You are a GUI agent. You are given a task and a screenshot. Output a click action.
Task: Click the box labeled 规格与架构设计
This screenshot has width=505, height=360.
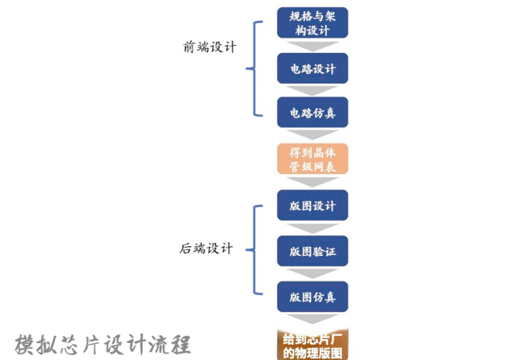[x=313, y=22]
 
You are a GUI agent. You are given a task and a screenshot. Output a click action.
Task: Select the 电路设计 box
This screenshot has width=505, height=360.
[x=313, y=68]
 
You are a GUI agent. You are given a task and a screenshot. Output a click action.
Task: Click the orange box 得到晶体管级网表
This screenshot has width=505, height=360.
[x=313, y=159]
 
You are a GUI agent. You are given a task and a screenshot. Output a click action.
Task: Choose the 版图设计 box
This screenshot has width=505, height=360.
[x=313, y=205]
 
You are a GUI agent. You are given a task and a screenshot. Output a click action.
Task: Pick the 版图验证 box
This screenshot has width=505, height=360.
[x=313, y=251]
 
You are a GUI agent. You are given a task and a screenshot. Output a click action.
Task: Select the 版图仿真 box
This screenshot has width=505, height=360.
[x=313, y=297]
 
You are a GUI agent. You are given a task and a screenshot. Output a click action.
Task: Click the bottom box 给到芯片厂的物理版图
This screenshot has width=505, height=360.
[x=313, y=343]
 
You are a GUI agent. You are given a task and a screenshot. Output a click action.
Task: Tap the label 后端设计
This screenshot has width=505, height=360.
[x=207, y=249]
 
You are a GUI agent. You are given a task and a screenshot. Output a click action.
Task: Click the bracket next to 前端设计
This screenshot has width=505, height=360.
[x=255, y=68]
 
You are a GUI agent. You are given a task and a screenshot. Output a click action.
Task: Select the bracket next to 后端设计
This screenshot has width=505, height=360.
[x=255, y=249]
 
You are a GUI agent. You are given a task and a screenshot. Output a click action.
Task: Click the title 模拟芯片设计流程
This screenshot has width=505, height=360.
[x=103, y=344]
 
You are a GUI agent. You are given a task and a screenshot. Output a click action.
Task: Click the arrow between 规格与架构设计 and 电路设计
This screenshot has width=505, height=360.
[x=313, y=45]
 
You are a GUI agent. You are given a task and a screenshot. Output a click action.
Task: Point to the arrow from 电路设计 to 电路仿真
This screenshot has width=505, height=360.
[x=313, y=91]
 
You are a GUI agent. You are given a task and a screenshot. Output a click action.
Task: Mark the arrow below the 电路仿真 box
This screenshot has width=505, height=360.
[x=313, y=136]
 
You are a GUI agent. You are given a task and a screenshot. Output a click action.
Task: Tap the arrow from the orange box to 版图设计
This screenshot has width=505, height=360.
[x=313, y=182]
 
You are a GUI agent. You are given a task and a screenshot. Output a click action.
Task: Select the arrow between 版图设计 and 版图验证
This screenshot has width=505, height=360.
[x=313, y=228]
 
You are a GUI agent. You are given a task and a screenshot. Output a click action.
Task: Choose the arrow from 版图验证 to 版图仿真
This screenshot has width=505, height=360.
[x=313, y=273]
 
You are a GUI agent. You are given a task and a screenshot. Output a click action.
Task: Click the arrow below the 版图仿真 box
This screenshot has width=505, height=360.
[x=313, y=319]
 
